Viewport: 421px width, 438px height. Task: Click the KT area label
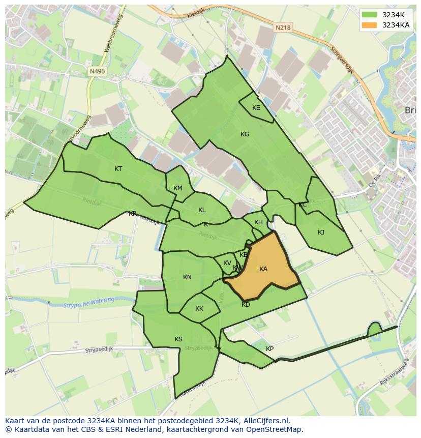[118, 169]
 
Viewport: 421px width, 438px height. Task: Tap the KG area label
[245, 134]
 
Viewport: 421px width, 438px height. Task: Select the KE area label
[256, 108]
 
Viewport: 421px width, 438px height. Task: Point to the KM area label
[177, 188]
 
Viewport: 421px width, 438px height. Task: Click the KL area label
[202, 210]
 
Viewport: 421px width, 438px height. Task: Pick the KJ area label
[321, 232]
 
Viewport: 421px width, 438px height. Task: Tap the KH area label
[258, 222]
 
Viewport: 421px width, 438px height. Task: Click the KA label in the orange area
[263, 269]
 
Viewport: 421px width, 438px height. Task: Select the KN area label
[187, 277]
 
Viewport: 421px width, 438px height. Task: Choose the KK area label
[199, 309]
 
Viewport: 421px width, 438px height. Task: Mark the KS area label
[178, 339]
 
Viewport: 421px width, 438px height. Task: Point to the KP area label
[269, 349]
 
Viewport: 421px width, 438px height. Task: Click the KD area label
[246, 305]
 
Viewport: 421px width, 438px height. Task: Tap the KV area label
[227, 263]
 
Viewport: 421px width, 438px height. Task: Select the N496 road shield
[96, 72]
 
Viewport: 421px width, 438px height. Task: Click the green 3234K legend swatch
[369, 14]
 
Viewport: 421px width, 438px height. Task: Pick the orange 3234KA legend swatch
[369, 25]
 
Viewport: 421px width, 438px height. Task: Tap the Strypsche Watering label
[89, 302]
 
